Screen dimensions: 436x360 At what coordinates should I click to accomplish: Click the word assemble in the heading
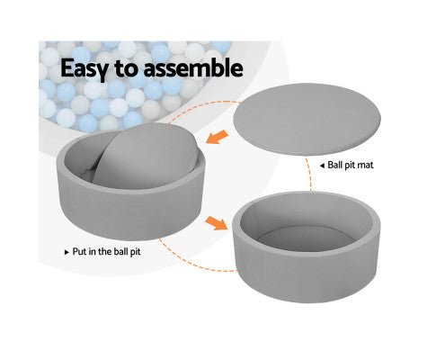(x=193, y=67)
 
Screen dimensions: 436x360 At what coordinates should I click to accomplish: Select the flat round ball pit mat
(x=307, y=119)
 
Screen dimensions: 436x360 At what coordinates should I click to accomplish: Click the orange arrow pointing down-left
(x=218, y=137)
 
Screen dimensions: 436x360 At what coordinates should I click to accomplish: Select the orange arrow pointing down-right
(x=217, y=223)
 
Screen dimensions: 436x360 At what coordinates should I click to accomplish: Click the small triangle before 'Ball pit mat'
(x=322, y=166)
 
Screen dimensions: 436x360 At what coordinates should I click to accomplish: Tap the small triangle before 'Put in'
(x=67, y=252)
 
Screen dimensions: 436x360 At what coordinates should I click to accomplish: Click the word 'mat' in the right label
(x=366, y=166)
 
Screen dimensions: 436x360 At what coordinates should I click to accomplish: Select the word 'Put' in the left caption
(x=80, y=251)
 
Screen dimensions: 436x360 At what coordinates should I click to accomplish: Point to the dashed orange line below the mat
(x=308, y=174)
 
